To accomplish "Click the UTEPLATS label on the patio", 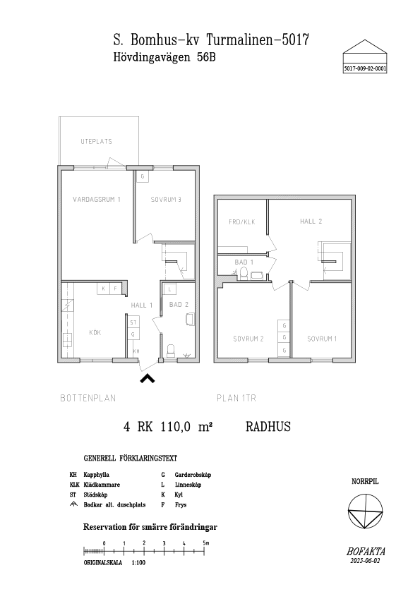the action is point(96,141).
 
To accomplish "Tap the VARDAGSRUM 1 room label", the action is point(97,199).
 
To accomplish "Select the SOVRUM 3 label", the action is point(166,199).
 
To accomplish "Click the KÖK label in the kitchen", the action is point(95,332).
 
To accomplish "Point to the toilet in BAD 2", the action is point(171,351).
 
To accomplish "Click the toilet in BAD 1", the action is point(244,273).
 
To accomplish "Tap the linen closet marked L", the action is point(170,289).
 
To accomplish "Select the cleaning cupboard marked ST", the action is point(133,322).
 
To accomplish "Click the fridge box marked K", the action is point(103,289).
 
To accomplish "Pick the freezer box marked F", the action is point(115,289).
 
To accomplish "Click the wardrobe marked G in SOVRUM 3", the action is point(143,176).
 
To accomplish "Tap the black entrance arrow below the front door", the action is point(148,378).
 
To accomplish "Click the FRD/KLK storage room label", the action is point(242,222).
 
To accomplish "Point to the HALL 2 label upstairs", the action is point(311,221).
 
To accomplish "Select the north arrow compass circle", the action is point(366,511).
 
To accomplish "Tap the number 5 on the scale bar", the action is point(204,543).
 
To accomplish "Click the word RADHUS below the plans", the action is point(268,427).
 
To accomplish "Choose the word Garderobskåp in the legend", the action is point(193,475).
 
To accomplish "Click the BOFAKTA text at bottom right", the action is point(366,552).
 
